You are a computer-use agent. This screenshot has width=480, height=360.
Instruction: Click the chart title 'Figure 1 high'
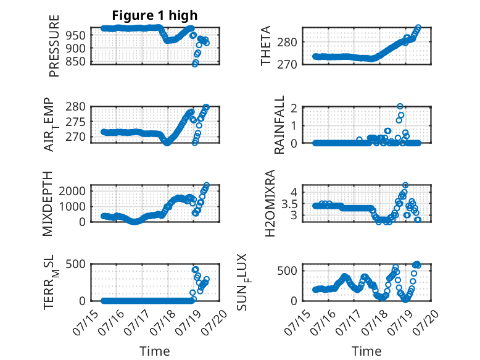155,15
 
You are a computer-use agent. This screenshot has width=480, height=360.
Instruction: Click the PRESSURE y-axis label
54,46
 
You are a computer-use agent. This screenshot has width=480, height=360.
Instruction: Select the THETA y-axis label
266,46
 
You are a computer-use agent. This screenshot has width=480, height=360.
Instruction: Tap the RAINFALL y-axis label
279,125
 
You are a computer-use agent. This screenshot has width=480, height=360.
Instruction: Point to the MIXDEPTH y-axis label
48,204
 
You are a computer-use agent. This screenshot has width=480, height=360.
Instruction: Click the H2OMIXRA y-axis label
270,203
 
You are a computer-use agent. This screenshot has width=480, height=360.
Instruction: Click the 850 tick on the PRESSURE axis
76,61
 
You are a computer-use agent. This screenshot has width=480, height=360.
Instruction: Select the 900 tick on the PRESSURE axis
76,48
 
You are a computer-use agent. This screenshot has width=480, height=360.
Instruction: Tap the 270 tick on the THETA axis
287,64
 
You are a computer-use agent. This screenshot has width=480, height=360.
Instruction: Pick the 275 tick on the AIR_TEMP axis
76,122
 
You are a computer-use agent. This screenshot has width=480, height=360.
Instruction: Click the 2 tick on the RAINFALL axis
294,108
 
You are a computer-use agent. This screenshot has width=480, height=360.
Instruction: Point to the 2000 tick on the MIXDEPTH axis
72,191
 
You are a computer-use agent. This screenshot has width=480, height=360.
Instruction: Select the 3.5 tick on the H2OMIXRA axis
289,204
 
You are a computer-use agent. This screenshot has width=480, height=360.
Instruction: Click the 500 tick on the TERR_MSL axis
76,264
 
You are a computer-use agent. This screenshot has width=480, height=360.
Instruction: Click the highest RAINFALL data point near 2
400,106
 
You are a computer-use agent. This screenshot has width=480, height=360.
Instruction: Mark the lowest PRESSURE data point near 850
195,64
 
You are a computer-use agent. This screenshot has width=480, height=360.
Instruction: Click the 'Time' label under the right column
366,351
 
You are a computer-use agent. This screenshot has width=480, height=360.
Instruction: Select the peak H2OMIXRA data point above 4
405,185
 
